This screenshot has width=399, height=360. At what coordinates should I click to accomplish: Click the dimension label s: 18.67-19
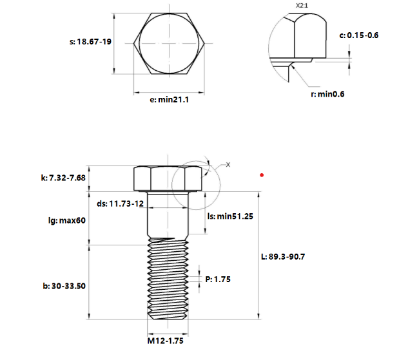[x=90, y=42]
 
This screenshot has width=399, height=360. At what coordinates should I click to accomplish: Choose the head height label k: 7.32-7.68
[x=63, y=176]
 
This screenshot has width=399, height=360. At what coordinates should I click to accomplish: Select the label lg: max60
[x=67, y=220]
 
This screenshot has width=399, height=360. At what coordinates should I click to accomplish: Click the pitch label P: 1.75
[x=218, y=279]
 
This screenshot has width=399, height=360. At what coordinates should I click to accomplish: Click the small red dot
[x=261, y=175]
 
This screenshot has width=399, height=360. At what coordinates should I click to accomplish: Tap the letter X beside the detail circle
[x=228, y=165]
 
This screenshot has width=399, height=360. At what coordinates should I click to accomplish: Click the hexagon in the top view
[x=170, y=44]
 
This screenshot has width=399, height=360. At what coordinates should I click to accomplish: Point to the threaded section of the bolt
[x=168, y=280]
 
